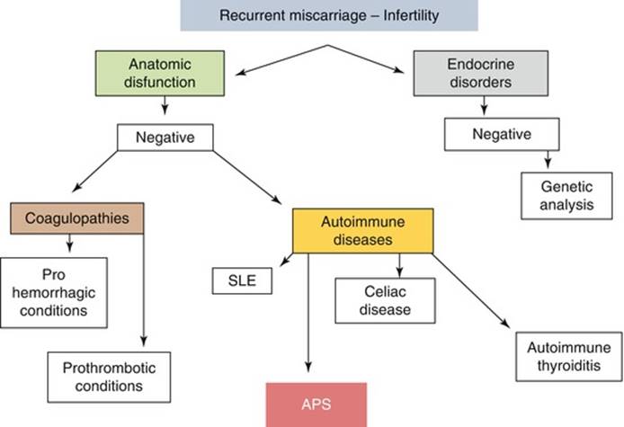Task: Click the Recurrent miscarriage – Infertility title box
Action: tap(329, 15)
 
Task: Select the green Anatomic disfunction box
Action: tap(165, 75)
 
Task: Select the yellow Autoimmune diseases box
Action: tap(362, 230)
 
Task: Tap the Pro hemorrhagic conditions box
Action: tap(54, 291)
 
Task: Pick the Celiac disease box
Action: tap(386, 300)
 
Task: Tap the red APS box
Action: tap(315, 404)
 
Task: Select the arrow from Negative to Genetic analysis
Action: tap(546, 157)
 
